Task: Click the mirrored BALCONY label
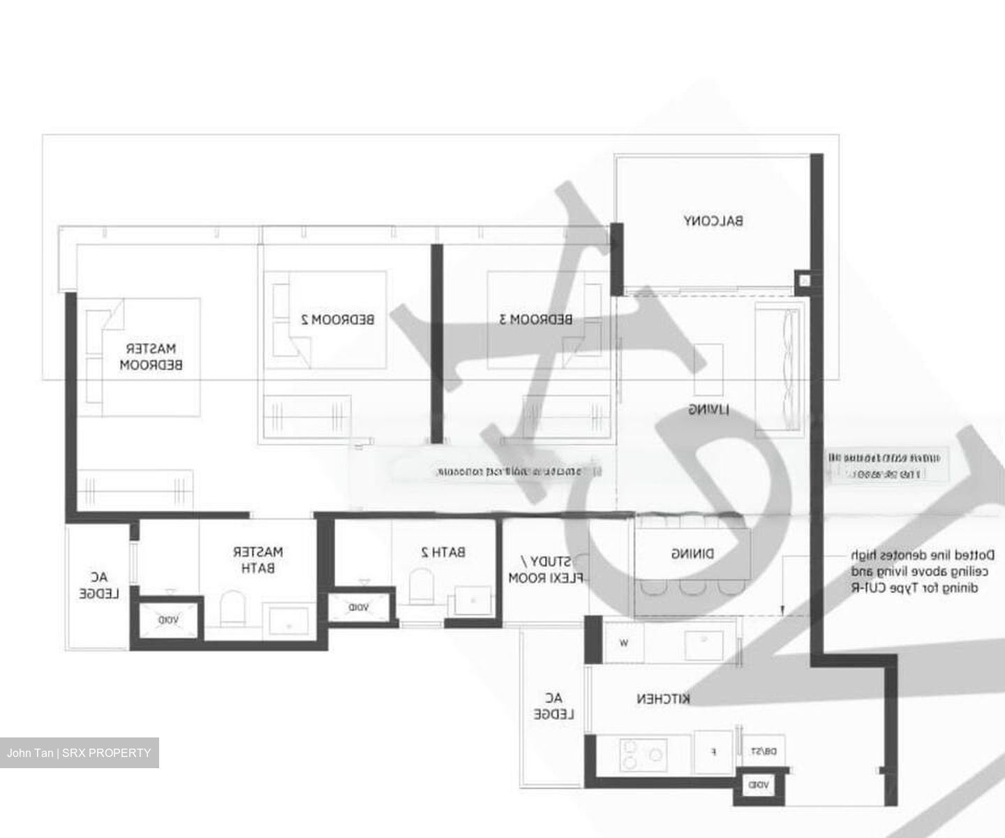[x=713, y=221]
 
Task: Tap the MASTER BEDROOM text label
[x=151, y=356]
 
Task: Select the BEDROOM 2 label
[x=338, y=320]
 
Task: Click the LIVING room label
[x=709, y=409]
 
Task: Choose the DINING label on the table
[x=692, y=554]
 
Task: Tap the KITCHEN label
[x=663, y=698]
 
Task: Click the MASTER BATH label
[x=258, y=559]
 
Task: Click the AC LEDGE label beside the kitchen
[x=553, y=706]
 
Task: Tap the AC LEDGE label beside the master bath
[x=99, y=585]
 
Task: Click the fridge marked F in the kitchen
[x=713, y=753]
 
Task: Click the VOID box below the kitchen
[x=759, y=786]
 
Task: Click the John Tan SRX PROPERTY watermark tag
[x=79, y=753]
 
